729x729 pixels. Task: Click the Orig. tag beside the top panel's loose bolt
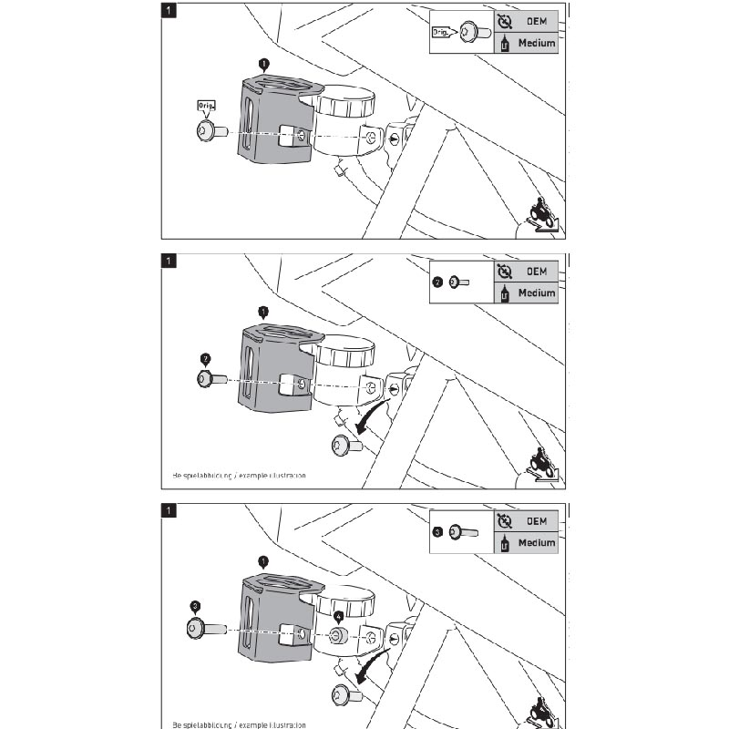(205, 107)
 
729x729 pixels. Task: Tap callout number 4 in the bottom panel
(339, 616)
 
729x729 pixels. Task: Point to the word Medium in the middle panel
(536, 293)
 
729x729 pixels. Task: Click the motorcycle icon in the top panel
(544, 216)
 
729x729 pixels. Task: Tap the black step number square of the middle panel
(168, 261)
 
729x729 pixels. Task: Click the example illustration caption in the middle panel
(239, 476)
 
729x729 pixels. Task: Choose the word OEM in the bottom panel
(536, 521)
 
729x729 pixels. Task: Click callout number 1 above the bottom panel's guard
(263, 561)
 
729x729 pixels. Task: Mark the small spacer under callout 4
(338, 635)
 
